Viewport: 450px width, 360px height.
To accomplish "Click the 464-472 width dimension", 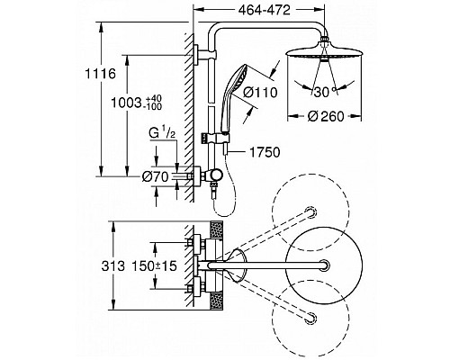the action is point(265,10).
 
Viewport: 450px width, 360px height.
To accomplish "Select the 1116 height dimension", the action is point(101,74).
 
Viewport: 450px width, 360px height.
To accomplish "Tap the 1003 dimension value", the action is point(126,103).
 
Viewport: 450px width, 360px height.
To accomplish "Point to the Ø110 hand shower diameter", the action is point(260,92).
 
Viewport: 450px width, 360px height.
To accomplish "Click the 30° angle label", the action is point(324,92).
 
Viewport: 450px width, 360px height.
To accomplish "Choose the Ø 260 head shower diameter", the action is point(326,116).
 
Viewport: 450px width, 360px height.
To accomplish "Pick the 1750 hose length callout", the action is point(265,152).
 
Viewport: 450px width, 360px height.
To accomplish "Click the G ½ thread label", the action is point(162,134).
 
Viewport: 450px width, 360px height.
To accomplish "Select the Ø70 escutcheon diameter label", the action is point(156,177).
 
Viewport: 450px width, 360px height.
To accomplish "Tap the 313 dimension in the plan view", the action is point(112,266).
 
